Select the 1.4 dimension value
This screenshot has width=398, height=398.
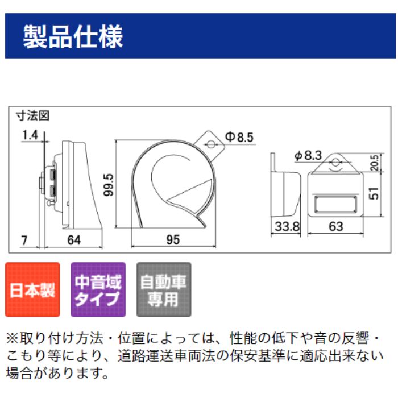(30, 135)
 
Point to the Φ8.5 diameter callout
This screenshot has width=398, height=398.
(238, 136)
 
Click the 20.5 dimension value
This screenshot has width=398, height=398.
(374, 163)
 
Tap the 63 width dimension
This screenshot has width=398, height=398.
(336, 226)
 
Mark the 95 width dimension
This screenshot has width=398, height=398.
(173, 239)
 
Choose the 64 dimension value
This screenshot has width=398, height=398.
(73, 239)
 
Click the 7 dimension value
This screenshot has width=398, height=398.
(24, 239)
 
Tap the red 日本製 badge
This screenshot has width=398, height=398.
(32, 290)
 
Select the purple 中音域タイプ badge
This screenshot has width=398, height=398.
(98, 290)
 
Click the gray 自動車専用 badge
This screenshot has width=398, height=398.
(164, 290)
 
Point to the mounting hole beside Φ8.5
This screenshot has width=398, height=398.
(210, 144)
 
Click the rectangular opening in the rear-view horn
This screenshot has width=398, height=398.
(335, 203)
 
